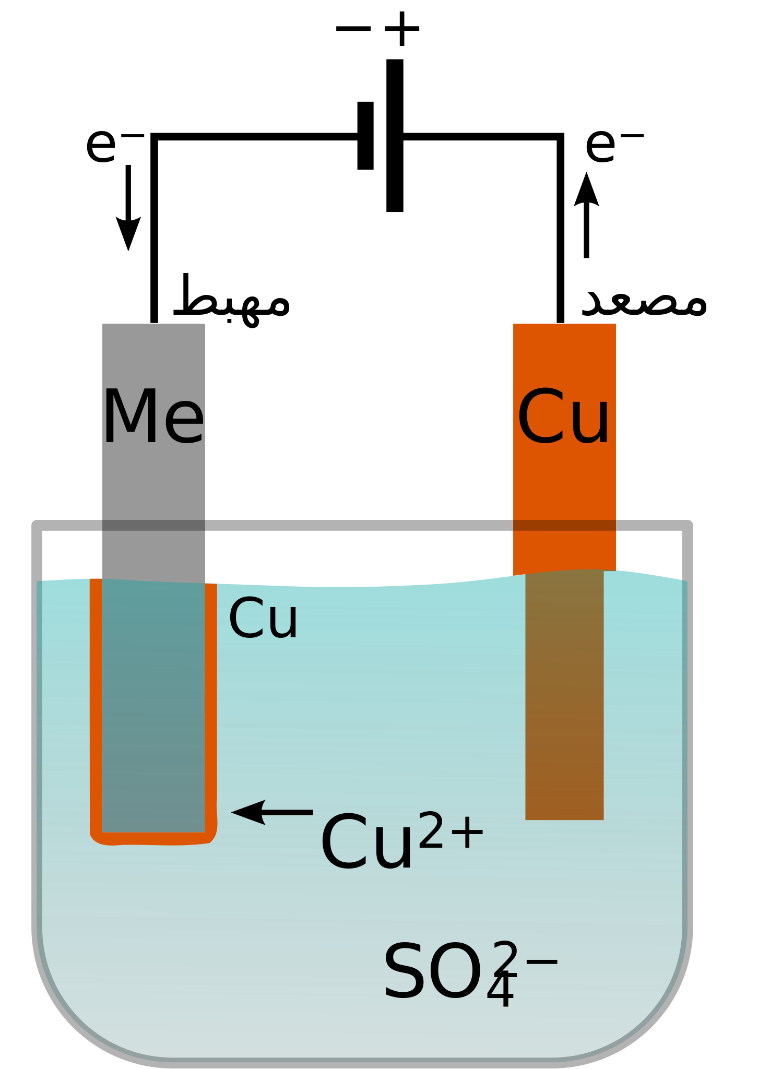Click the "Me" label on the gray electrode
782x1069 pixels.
click(153, 418)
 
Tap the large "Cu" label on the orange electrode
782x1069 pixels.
click(563, 418)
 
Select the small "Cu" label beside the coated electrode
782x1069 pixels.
click(263, 619)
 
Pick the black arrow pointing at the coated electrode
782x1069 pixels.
click(272, 812)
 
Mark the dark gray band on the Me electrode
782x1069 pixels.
click(153, 525)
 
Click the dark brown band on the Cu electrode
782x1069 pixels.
click(564, 525)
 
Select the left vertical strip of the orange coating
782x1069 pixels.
click(96, 705)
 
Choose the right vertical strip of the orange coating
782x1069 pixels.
click(211, 705)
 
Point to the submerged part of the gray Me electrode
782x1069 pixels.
click(153, 705)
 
